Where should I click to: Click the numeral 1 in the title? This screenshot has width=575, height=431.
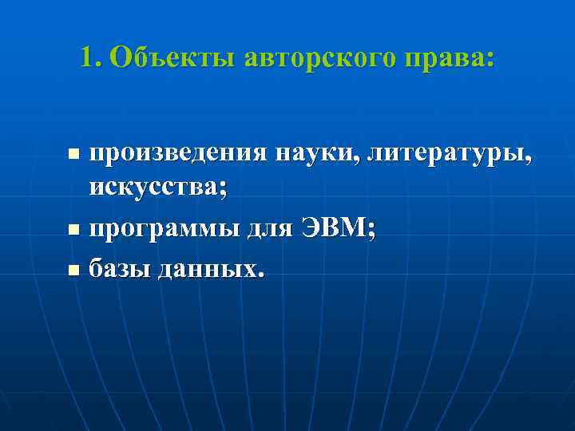[86, 57]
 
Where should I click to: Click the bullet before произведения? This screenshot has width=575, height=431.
[73, 152]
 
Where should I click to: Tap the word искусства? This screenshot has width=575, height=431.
[154, 189]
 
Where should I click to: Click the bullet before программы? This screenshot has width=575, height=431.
[73, 231]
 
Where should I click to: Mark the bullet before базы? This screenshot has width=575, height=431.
[73, 271]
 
